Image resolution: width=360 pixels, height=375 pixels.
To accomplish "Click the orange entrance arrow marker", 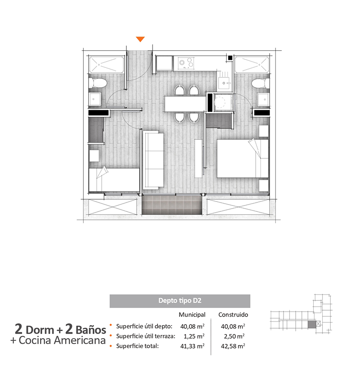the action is pyautogui.click(x=140, y=39).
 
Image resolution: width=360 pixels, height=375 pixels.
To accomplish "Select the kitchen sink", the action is pyautogui.click(x=225, y=83).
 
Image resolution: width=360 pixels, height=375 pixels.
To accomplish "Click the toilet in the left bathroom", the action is pyautogui.click(x=98, y=83).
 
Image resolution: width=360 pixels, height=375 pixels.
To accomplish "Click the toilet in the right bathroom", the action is pyautogui.click(x=261, y=83).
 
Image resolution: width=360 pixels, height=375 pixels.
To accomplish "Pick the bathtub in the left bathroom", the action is pyautogui.click(x=107, y=64).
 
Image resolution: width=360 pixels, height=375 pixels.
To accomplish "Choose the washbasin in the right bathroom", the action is pyautogui.click(x=264, y=99).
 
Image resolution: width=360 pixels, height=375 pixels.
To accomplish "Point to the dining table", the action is pyautogui.click(x=185, y=103).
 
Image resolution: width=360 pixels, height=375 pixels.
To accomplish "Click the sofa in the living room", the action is pyautogui.click(x=153, y=160).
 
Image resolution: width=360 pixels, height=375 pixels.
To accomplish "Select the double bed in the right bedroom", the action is pyautogui.click(x=243, y=158).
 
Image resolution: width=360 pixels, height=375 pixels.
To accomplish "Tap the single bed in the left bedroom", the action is pyautogui.click(x=114, y=179).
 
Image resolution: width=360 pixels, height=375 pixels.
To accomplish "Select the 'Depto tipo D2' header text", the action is pyautogui.click(x=180, y=301).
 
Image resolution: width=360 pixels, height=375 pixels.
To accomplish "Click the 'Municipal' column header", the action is pyautogui.click(x=192, y=315).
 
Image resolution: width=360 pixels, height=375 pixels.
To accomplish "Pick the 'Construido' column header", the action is pyautogui.click(x=233, y=315).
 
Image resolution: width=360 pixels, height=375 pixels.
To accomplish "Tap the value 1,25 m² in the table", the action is pyautogui.click(x=194, y=336).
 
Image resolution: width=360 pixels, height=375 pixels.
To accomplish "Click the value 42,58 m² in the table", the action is pyautogui.click(x=233, y=346).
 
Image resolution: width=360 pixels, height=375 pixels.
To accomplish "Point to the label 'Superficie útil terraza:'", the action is pyautogui.click(x=146, y=336).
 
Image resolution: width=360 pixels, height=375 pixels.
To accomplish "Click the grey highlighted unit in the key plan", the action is pyautogui.click(x=312, y=324).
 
